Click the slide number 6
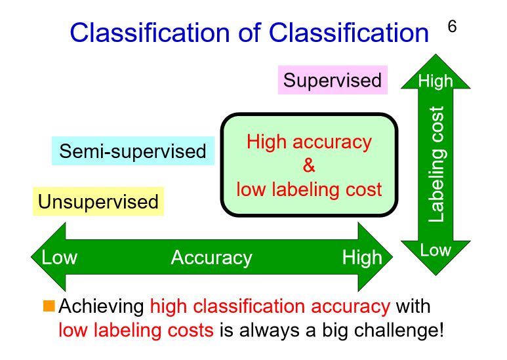pos(452,27)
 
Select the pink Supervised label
pos(332,81)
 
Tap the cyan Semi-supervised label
pos(132,151)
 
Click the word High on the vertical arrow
pos(436,81)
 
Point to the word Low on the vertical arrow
pos(436,250)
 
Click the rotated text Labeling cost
pos(437,164)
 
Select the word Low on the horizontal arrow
pos(59,258)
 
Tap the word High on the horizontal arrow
pos(361,258)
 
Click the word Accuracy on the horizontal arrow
pos(211,258)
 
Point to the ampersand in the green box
pos(309,166)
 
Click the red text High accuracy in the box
pos(309,142)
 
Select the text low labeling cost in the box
pos(309,190)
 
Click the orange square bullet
pos(49,306)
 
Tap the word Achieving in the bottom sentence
pos(102,306)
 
